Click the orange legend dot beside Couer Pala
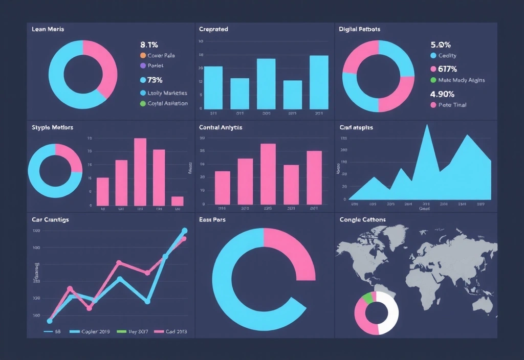click(x=143, y=55)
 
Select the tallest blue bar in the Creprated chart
click(x=319, y=82)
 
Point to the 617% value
click(x=444, y=69)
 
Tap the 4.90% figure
click(x=443, y=94)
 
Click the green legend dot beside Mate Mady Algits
click(x=433, y=80)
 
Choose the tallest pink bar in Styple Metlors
click(x=140, y=171)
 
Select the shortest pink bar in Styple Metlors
click(x=177, y=200)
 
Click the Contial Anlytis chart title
click(x=221, y=127)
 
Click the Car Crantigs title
click(x=50, y=219)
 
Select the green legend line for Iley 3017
click(x=121, y=331)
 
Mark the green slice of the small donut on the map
click(x=367, y=298)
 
